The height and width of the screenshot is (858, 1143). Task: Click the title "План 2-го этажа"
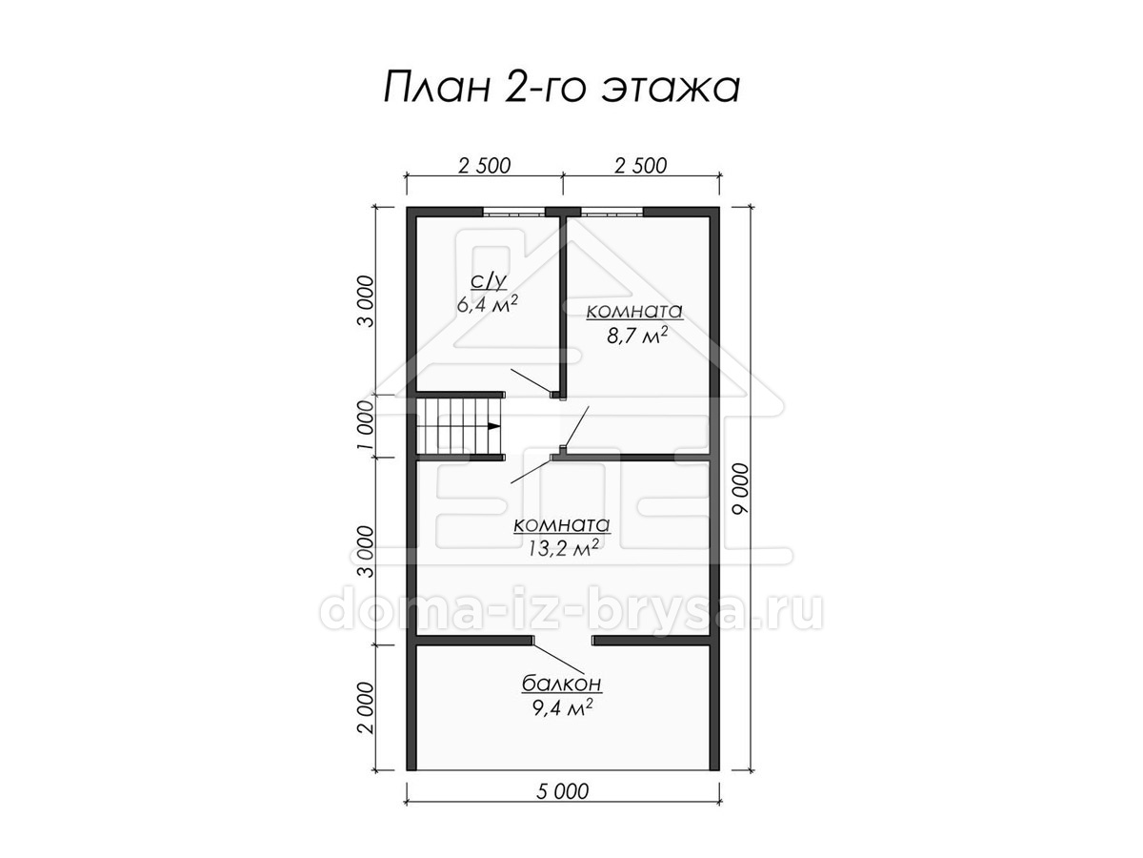tap(561, 88)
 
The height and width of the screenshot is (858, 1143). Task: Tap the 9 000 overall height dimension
tap(740, 489)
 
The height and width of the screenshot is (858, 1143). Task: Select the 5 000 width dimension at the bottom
tap(562, 791)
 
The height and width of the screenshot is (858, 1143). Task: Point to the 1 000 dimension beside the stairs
tap(366, 425)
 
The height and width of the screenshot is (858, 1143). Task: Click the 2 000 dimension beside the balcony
tap(366, 707)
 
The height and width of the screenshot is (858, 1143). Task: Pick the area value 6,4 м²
tap(488, 304)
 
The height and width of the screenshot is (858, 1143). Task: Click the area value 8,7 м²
tap(637, 336)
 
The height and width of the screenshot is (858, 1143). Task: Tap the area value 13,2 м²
tap(562, 548)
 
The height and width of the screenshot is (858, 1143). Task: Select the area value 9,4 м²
tap(562, 707)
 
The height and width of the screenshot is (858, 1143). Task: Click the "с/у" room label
tap(488, 281)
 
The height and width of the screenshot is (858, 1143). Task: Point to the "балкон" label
tap(562, 683)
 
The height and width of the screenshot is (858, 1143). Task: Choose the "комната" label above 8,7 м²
tap(634, 312)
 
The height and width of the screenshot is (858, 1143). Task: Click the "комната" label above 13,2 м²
tap(561, 525)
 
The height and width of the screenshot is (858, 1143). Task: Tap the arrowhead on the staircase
tap(493, 426)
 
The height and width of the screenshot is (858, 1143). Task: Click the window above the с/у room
tap(514, 212)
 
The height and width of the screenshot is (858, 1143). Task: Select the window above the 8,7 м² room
tap(612, 212)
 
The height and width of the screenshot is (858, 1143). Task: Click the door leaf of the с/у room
tap(531, 380)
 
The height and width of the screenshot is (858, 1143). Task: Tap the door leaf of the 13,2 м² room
tap(531, 470)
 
